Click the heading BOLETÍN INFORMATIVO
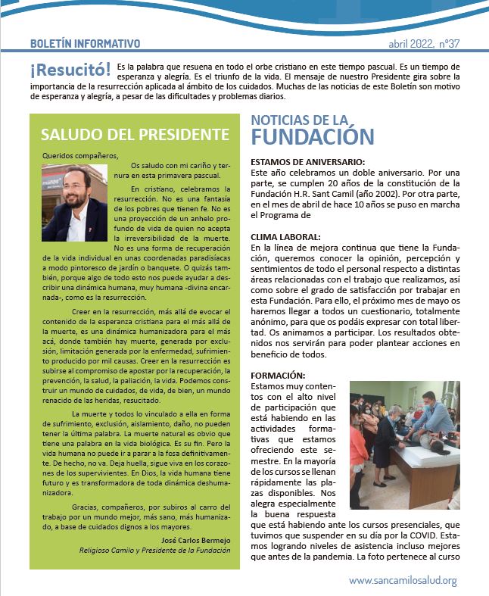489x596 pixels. pos(85,44)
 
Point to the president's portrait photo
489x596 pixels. pos(74,203)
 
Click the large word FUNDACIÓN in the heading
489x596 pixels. pos(312,137)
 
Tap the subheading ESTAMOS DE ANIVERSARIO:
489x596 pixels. pos(307,161)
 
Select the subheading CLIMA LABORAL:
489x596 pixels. pos(279,237)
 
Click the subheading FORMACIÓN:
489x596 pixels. pos(277,376)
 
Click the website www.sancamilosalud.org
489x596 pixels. pos(403,580)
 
